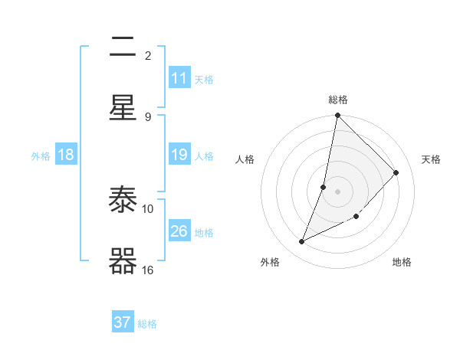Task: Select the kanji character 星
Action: click(123, 107)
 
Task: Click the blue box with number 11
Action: click(179, 78)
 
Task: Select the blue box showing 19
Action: click(179, 155)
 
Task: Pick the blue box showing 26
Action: click(179, 231)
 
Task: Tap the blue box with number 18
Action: click(66, 155)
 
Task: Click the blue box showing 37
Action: click(123, 322)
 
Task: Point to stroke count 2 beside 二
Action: click(148, 56)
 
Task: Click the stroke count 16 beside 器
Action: click(148, 270)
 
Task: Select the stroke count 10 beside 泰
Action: click(148, 208)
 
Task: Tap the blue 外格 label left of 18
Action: click(41, 155)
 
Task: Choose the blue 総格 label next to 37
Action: click(147, 323)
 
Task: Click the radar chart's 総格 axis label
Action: click(338, 100)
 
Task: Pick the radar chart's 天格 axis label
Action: click(431, 159)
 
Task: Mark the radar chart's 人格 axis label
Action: click(245, 159)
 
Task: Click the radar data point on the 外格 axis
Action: click(302, 242)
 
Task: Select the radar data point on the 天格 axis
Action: click(396, 172)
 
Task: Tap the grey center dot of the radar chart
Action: click(338, 191)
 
